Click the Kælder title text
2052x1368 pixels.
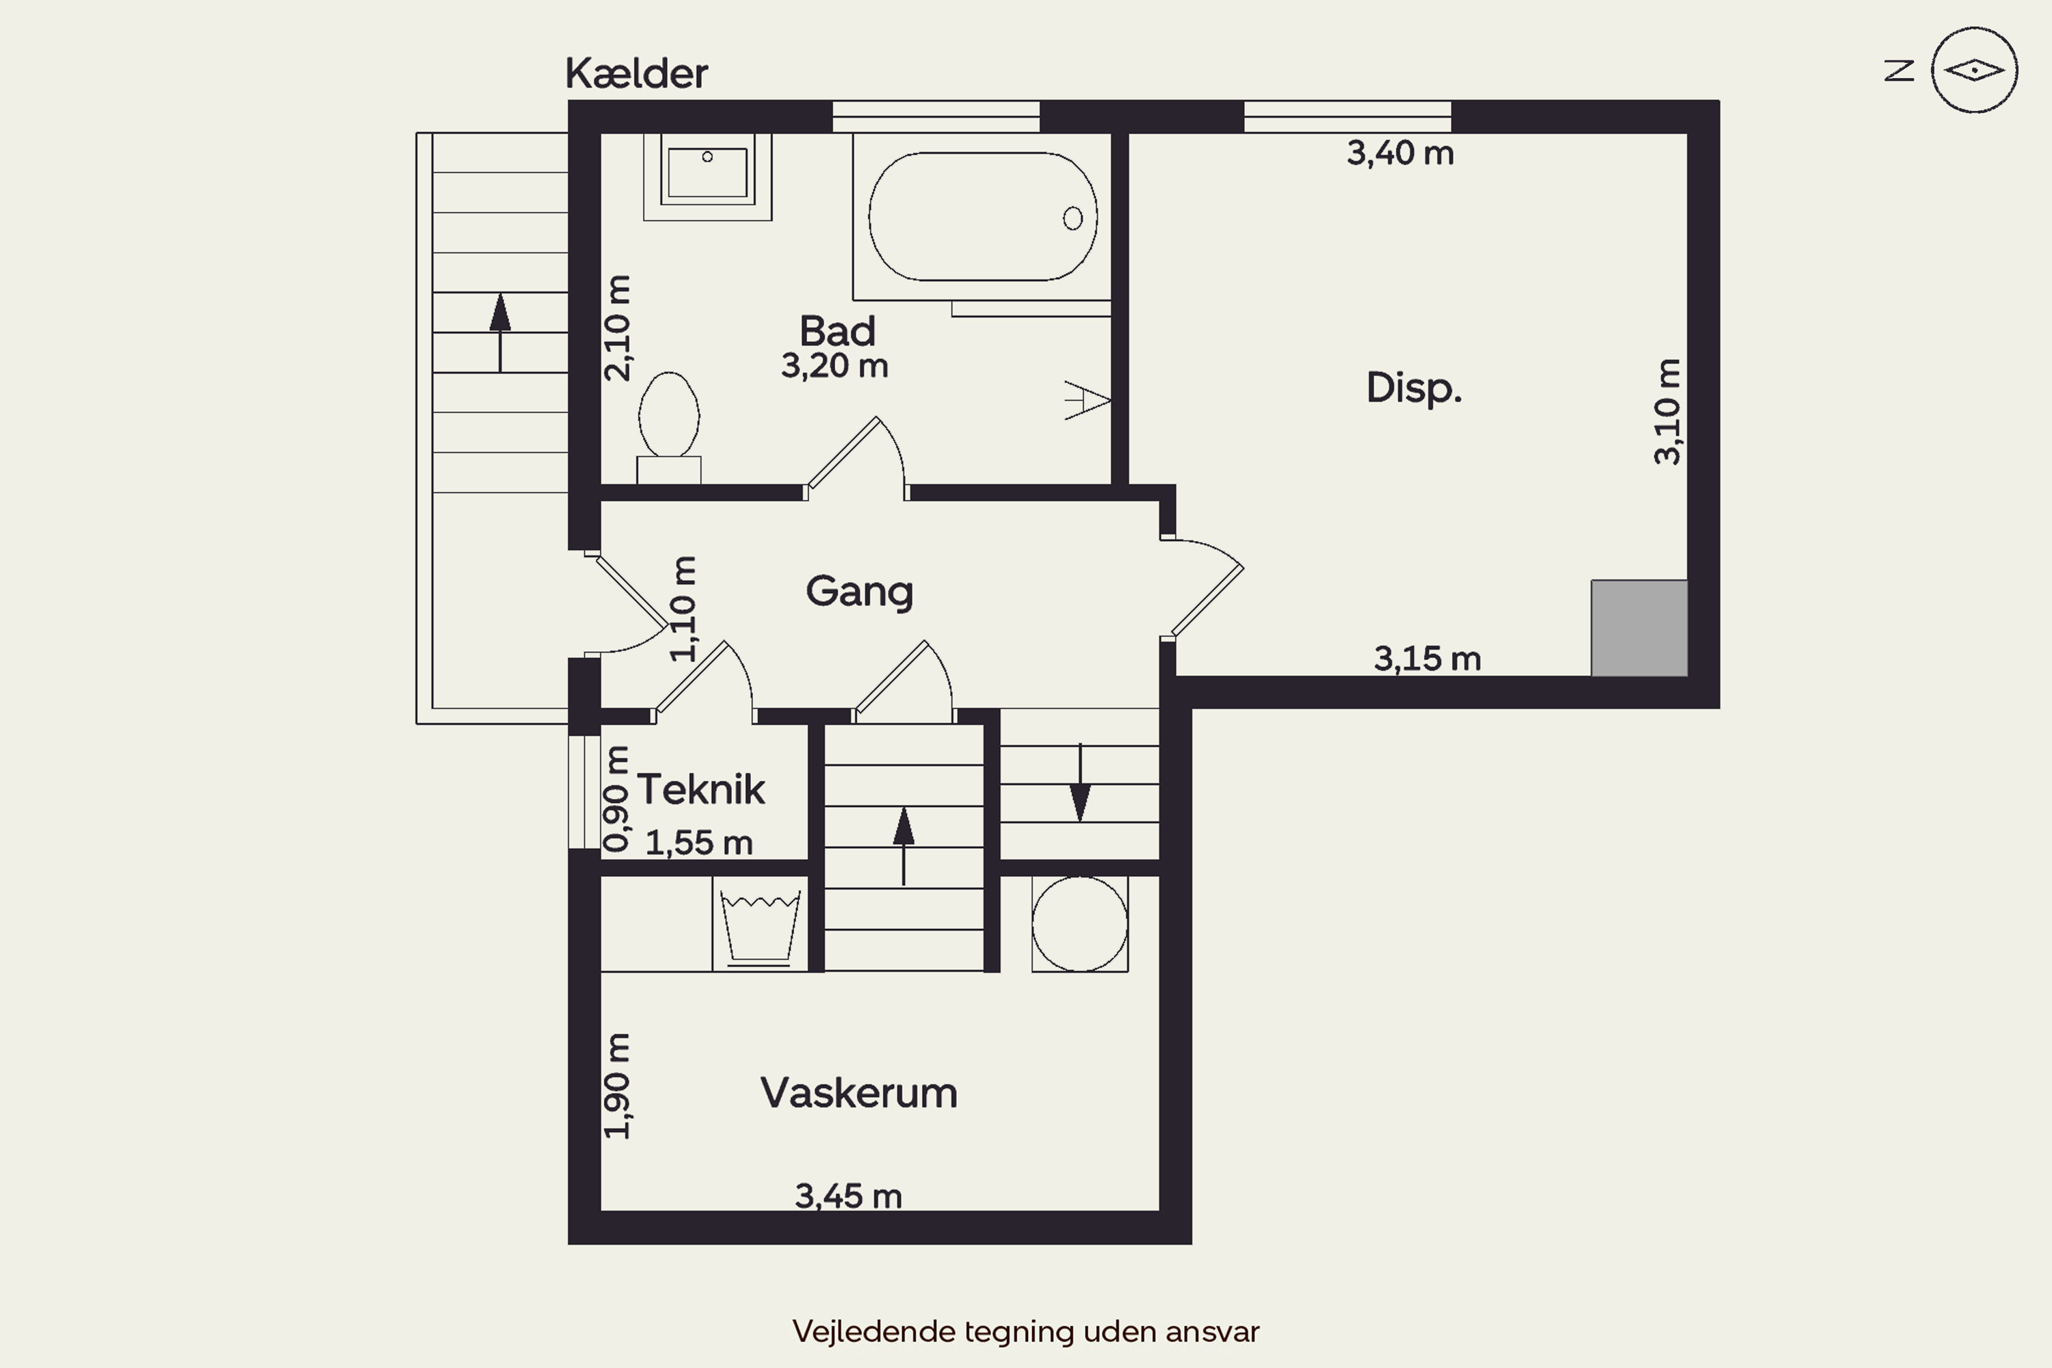coord(636,73)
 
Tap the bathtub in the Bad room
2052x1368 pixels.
coord(982,216)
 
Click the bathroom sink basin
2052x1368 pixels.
coord(707,172)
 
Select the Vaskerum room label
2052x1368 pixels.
coord(858,1093)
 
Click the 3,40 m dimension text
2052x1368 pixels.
coord(1400,153)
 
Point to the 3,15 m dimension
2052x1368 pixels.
coord(1428,659)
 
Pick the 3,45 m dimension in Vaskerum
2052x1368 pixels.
coord(848,1196)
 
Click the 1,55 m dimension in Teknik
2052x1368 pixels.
coord(699,843)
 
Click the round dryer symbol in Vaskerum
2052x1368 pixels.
coord(1079,924)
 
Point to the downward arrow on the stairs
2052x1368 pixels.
coord(1080,782)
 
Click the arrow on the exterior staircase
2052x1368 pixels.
coord(500,332)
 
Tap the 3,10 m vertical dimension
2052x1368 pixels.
coord(1668,411)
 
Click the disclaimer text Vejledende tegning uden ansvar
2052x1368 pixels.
coord(1026,1331)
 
